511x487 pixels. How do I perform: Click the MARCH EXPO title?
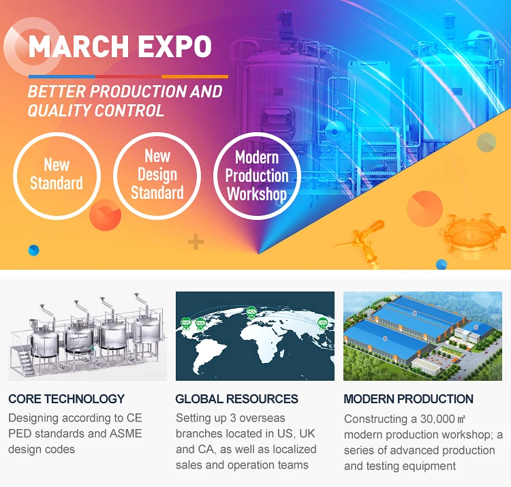(x=120, y=46)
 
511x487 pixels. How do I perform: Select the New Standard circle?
(x=57, y=176)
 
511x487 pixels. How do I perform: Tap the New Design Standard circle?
(x=157, y=176)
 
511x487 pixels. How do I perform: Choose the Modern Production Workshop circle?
(x=257, y=176)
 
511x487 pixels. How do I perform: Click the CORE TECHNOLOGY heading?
(x=67, y=398)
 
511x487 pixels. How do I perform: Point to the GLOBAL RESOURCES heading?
(x=236, y=398)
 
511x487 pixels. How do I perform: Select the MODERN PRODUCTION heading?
(x=408, y=398)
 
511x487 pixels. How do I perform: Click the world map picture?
(x=255, y=336)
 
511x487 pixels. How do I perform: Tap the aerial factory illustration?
(x=422, y=336)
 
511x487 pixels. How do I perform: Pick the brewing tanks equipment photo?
(x=87, y=336)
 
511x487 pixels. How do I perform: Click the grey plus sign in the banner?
(x=196, y=242)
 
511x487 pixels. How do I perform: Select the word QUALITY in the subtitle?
(x=55, y=111)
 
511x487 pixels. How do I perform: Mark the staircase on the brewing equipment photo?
(x=26, y=362)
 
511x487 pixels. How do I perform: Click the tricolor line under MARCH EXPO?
(x=128, y=77)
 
